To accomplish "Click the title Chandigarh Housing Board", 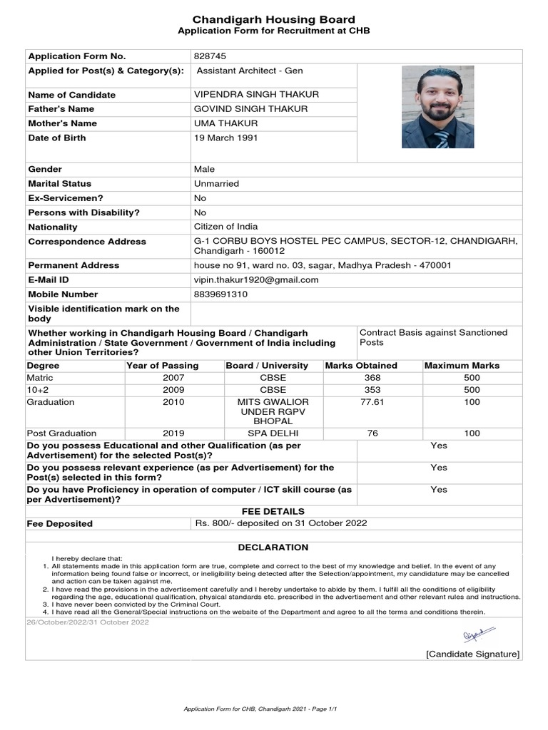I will [x=273, y=19].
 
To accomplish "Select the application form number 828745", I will [x=210, y=56].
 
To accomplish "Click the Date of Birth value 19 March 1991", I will [x=226, y=138].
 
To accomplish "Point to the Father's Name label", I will [x=61, y=109].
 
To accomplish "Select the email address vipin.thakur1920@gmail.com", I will [x=256, y=279].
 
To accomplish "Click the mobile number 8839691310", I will [x=220, y=294].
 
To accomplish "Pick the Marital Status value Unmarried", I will [x=216, y=183].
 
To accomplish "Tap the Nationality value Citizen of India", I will [x=225, y=227].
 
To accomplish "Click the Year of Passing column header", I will [x=162, y=365].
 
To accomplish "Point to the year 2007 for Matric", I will [x=173, y=378].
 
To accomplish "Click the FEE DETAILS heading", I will [x=273, y=511].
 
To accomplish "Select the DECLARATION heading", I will [x=273, y=547].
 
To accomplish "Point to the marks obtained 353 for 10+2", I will [x=372, y=390].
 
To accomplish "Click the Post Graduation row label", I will [x=61, y=433].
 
